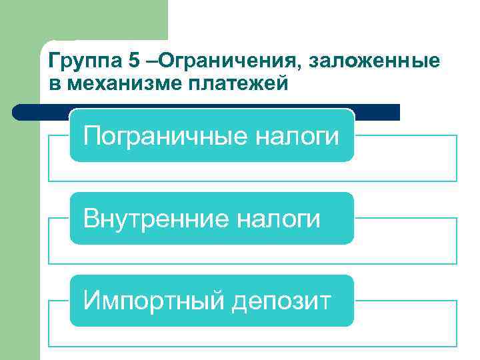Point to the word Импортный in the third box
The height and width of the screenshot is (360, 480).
click(x=155, y=301)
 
